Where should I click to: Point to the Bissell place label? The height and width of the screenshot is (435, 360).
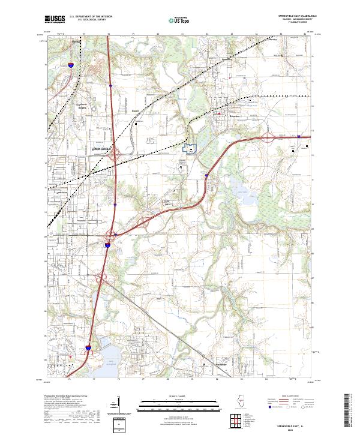(x=136, y=111)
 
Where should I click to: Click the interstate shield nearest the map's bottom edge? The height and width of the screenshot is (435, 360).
(x=88, y=347)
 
